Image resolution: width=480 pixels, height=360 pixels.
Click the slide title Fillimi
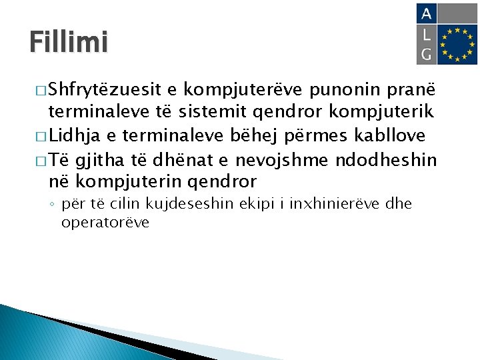(x=68, y=42)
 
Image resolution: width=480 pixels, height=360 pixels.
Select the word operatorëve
(x=105, y=222)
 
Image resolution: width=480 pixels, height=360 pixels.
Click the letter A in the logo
(x=427, y=14)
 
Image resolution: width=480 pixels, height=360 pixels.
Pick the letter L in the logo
(x=427, y=33)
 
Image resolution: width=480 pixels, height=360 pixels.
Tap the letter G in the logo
(x=427, y=53)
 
